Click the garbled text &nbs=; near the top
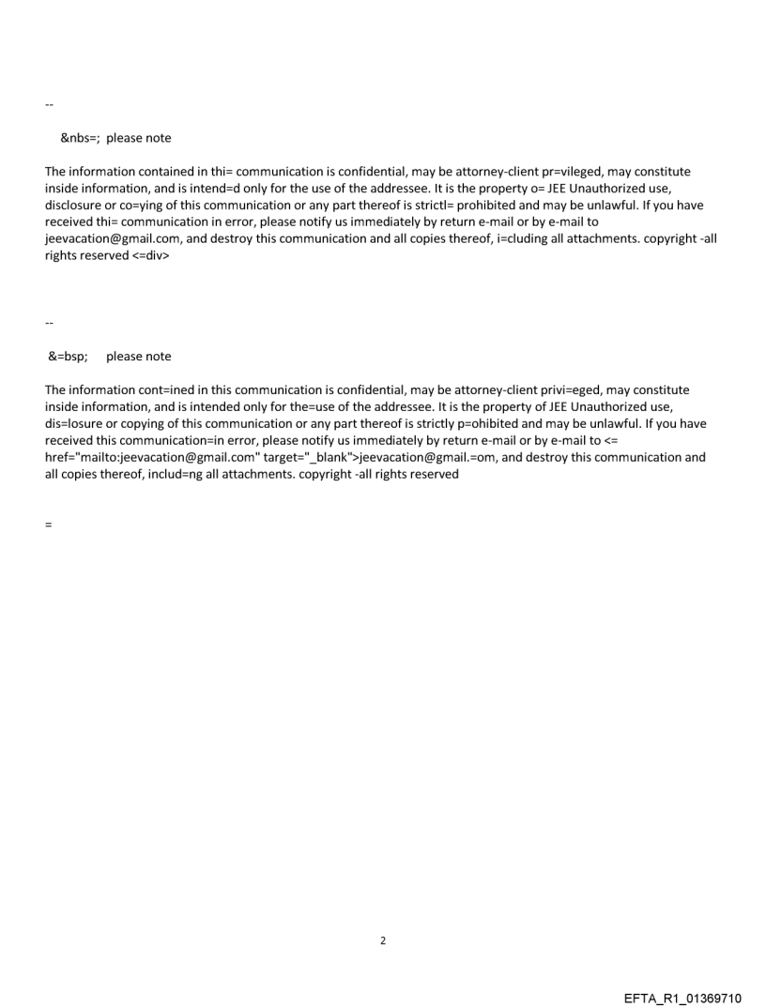[x=81, y=138]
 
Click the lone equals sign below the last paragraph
[x=48, y=525]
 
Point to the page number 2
[x=382, y=940]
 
